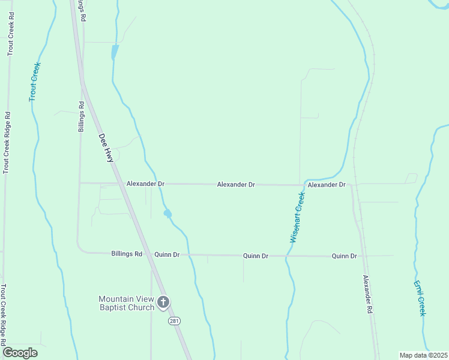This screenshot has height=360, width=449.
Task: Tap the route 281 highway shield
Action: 174,321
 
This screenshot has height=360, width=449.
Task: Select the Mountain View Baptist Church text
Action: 126,304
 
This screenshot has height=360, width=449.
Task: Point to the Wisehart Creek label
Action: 298,217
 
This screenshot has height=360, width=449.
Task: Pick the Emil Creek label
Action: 420,298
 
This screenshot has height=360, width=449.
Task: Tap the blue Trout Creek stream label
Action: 34,82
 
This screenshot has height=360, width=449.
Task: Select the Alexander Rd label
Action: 367,296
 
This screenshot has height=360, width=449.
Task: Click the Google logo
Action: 20,352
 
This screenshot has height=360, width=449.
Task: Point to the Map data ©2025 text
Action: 423,355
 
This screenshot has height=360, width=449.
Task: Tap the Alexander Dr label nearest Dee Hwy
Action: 145,184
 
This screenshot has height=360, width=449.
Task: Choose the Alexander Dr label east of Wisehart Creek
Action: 327,185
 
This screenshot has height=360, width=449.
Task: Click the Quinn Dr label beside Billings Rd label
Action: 167,254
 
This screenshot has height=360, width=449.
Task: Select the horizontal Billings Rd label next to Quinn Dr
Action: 127,254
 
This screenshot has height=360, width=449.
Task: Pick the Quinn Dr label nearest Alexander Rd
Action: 345,256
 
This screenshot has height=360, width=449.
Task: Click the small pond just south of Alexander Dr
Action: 167,213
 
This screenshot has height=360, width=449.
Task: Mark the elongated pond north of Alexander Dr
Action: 115,52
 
